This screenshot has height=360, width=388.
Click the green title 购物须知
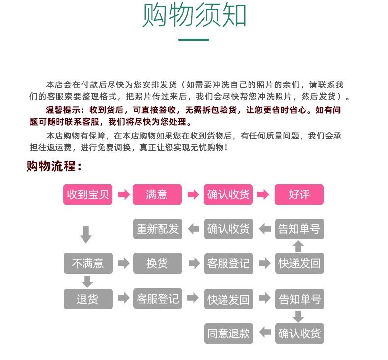[194, 16]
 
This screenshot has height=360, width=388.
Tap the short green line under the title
[194, 40]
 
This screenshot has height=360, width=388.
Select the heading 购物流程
[54, 166]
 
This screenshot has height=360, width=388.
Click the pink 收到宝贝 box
[88, 194]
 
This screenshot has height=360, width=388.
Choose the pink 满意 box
[157, 194]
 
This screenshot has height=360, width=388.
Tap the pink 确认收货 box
[228, 194]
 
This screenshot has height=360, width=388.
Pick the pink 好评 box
[299, 194]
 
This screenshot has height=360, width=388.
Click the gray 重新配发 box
[157, 229]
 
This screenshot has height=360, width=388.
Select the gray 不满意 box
[88, 263]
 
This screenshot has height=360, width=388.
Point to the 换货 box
[157, 263]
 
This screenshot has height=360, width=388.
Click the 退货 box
[88, 299]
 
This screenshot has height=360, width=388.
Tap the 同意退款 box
[228, 334]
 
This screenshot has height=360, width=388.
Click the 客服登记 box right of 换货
[228, 263]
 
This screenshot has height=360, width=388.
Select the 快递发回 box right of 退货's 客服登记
[228, 299]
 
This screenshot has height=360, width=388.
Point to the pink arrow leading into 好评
[264, 195]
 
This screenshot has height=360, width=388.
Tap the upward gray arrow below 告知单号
[298, 246]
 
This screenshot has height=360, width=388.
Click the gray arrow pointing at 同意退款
[265, 332]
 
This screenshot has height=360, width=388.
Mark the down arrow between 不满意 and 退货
[87, 281]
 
